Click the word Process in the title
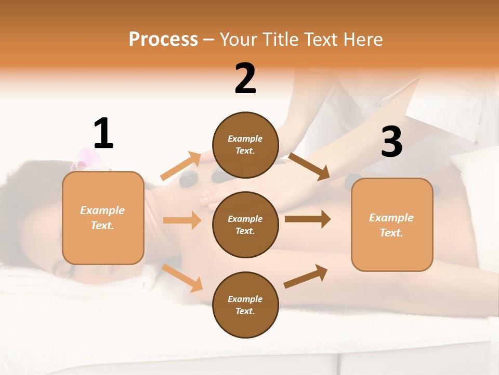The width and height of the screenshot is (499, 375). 163,39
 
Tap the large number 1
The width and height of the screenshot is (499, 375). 103,134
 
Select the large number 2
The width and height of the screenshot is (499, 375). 245,79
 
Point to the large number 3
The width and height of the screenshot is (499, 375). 391,142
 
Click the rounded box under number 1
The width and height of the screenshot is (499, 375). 103,218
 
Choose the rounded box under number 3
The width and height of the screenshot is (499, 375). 392,224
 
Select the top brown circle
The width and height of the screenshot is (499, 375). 245,145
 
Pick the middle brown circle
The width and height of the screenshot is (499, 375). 245,224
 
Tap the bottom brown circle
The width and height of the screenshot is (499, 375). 245,305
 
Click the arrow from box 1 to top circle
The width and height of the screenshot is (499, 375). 181,166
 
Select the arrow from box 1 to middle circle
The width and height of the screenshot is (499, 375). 182,220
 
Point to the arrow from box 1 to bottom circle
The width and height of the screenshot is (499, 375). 182,278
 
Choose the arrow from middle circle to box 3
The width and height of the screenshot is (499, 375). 307,219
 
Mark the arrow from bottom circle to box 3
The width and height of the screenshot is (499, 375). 306,276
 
